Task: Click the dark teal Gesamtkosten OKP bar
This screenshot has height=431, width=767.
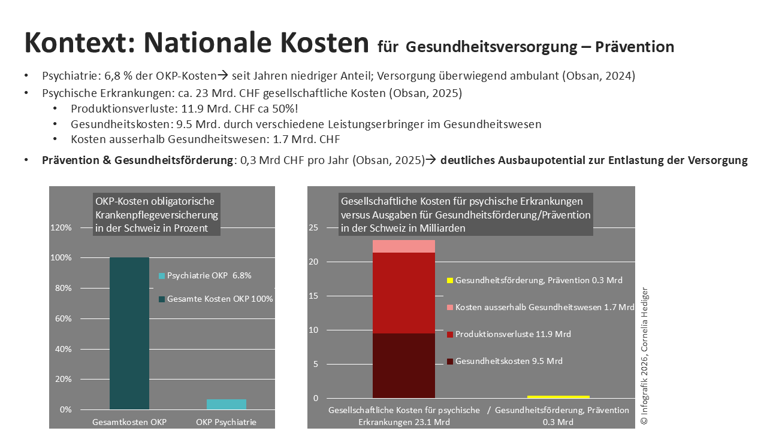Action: [129, 333]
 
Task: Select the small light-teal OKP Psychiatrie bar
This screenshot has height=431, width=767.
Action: [226, 404]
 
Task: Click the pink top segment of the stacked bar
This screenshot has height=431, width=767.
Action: [403, 246]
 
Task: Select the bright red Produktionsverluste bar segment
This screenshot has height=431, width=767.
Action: [403, 293]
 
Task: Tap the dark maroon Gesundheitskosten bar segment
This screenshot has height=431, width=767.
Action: [403, 365]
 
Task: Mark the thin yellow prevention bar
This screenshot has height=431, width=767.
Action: [558, 397]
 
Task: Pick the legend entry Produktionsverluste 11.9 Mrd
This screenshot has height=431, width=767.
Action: [513, 334]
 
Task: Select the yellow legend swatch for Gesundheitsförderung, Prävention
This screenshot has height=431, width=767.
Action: [449, 280]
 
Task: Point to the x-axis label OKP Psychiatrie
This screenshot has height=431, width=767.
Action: [226, 422]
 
